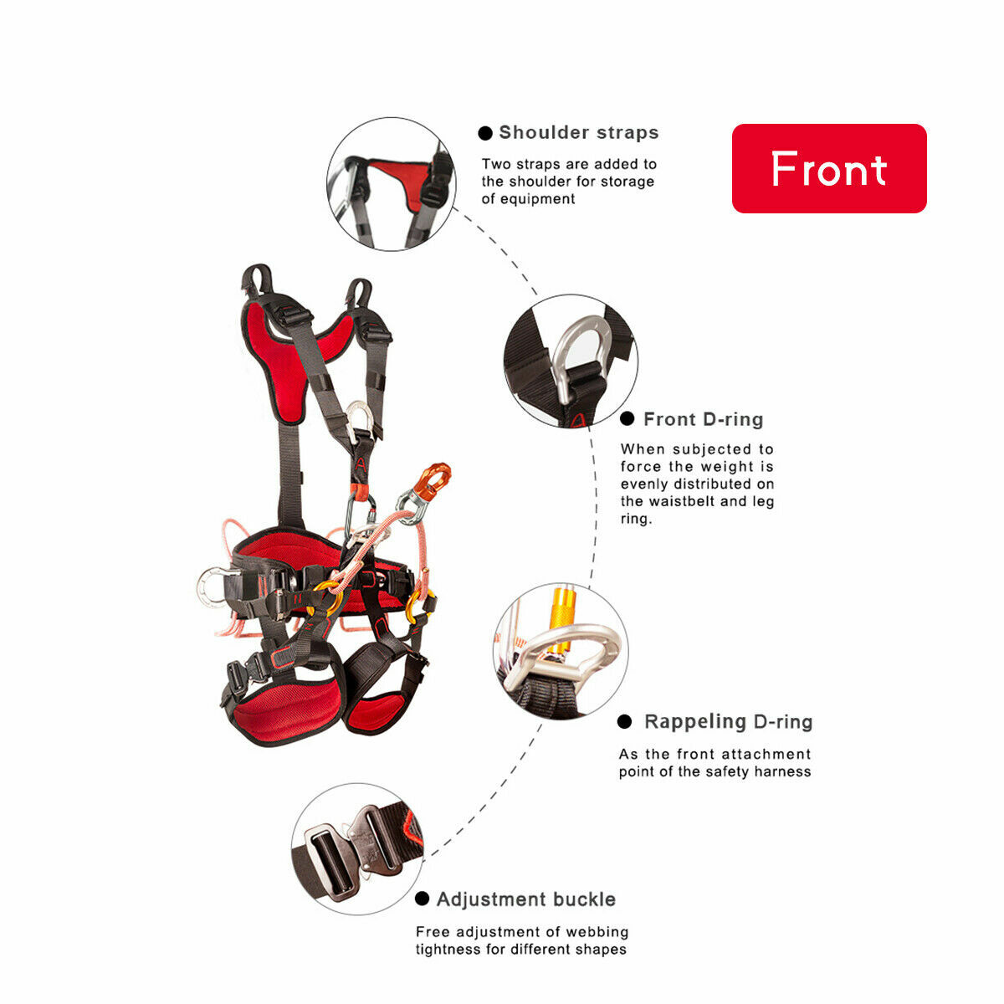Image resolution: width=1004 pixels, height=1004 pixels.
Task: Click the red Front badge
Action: pyautogui.click(x=829, y=168)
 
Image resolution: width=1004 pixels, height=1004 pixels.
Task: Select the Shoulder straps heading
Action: pyautogui.click(x=578, y=132)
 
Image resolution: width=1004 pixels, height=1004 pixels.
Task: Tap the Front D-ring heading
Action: pyautogui.click(x=703, y=419)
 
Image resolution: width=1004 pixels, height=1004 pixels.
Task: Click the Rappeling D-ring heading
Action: pyautogui.click(x=728, y=721)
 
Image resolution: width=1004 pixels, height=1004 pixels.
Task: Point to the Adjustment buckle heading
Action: pyautogui.click(x=525, y=899)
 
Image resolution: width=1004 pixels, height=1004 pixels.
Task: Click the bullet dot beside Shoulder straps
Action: pyautogui.click(x=485, y=133)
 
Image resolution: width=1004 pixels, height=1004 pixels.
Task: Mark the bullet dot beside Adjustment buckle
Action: pyautogui.click(x=423, y=899)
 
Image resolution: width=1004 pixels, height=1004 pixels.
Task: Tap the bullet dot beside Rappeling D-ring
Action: pyautogui.click(x=624, y=722)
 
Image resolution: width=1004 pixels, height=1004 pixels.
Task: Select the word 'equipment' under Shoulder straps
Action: pyautogui.click(x=528, y=199)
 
